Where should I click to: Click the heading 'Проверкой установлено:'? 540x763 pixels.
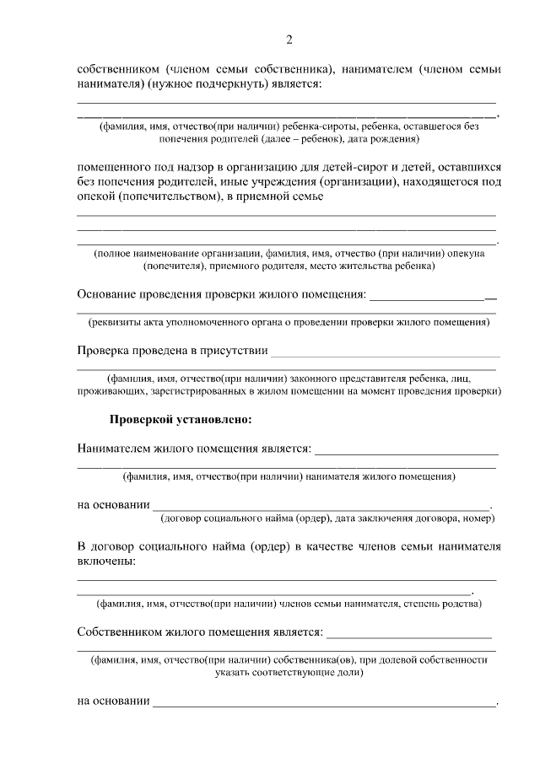pos(181,419)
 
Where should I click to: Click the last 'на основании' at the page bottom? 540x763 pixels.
pos(113,701)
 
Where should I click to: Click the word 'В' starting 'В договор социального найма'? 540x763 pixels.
pos(81,546)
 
